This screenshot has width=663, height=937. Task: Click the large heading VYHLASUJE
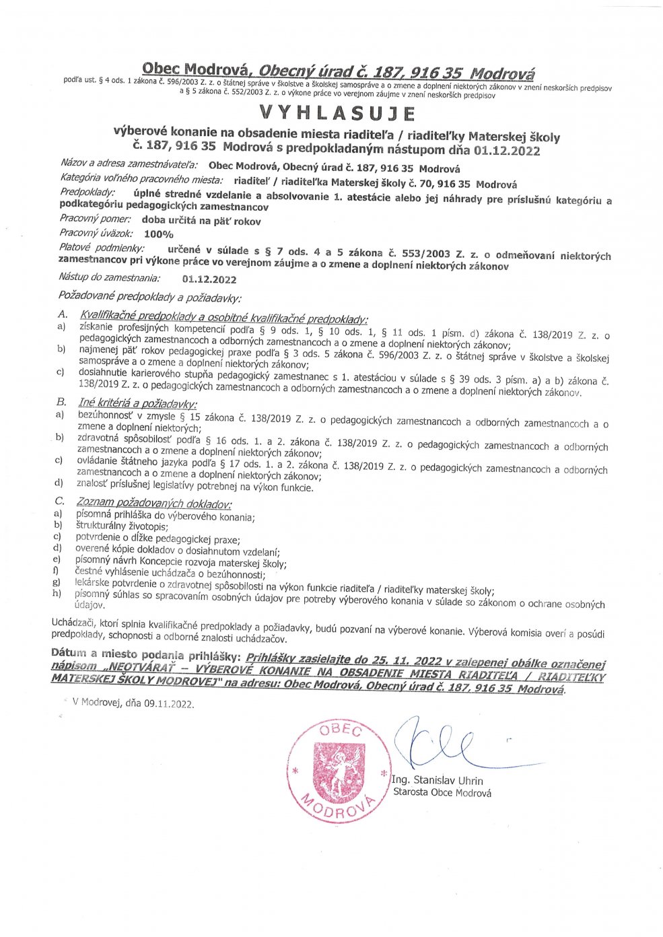(x=337, y=112)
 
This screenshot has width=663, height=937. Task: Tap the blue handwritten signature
(x=438, y=744)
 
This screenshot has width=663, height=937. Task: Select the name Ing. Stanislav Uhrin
(x=438, y=781)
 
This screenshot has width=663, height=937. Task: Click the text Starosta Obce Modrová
(x=442, y=793)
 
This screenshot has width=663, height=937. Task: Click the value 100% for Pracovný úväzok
(x=159, y=234)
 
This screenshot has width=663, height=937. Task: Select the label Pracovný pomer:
(x=95, y=219)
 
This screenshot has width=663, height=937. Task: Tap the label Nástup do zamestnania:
(x=110, y=277)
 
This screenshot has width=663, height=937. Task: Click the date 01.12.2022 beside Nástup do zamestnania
(x=209, y=279)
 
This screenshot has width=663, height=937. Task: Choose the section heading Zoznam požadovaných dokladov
(x=154, y=504)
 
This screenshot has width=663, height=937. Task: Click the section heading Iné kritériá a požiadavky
(x=138, y=403)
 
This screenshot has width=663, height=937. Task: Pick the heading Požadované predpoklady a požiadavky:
(x=149, y=296)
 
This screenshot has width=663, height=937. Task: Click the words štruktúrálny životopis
(x=122, y=526)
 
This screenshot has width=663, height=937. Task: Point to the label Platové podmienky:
(x=102, y=248)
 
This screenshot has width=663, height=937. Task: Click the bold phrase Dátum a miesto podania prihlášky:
(x=145, y=654)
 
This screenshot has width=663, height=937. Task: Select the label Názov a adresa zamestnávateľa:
(x=129, y=163)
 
